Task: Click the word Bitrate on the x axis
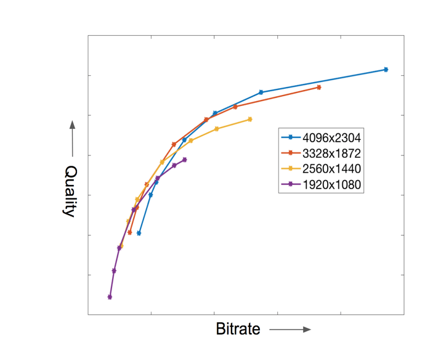pos(238,329)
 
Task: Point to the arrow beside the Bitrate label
pos(290,330)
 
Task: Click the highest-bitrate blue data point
pos(386,70)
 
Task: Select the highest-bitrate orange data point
pos(319,88)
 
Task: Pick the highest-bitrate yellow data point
pos(249,119)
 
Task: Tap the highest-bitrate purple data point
pos(184,160)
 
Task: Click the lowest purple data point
pos(110,297)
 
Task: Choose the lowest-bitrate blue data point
pos(139,234)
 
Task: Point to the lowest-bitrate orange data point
pos(129,232)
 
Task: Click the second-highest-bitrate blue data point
pos(261,92)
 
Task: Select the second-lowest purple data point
pos(114,271)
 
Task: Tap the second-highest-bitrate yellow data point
pos(217,129)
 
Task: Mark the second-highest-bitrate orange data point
pos(235,107)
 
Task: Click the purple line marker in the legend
pos(290,184)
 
